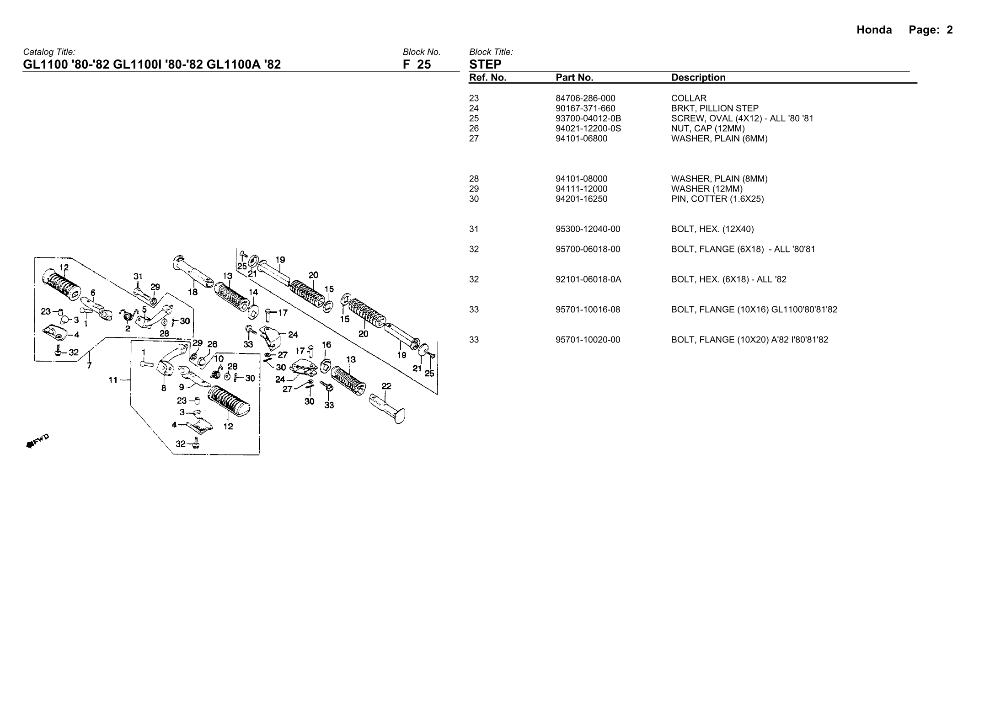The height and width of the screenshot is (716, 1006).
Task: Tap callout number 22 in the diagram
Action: point(386,386)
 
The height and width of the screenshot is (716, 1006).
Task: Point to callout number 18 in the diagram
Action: point(193,292)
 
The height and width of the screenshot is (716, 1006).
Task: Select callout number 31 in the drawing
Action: point(138,276)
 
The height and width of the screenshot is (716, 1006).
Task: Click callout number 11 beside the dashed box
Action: point(113,379)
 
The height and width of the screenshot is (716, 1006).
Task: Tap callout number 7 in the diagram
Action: point(89,365)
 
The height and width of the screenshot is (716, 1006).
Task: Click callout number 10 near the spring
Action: point(219,358)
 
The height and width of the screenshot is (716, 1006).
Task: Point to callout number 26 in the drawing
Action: point(212,344)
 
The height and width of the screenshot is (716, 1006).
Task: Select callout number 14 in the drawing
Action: point(253,292)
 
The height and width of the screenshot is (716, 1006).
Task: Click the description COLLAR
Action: point(689,98)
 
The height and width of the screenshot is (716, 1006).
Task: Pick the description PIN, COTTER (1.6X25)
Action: point(717,199)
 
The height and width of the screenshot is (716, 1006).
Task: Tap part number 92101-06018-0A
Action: point(588,279)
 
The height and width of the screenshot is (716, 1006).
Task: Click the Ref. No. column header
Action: point(487,78)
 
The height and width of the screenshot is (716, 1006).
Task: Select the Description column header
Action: point(698,78)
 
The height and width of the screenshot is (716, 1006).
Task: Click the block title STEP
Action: point(485,64)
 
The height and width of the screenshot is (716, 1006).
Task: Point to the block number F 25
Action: point(417,64)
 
